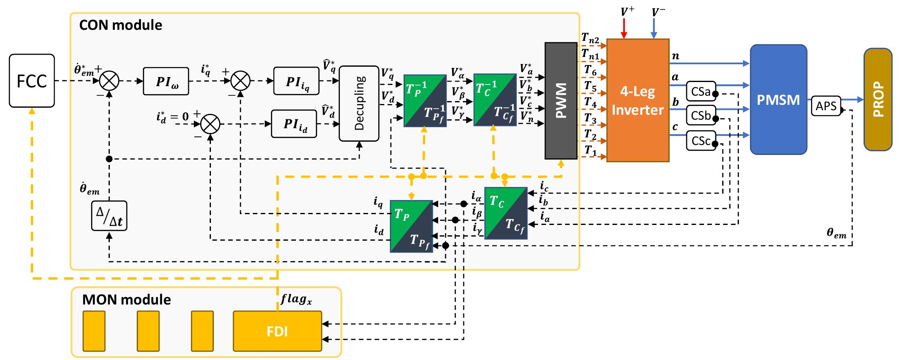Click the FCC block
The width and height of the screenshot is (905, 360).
click(x=32, y=81)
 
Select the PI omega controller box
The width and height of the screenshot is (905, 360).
click(x=166, y=81)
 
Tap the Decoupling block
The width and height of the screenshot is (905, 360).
click(x=359, y=103)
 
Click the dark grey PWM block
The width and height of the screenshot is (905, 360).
click(x=561, y=101)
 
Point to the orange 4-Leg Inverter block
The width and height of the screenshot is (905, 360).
click(x=638, y=100)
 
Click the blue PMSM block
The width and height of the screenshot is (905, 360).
click(x=778, y=100)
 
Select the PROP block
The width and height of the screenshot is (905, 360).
click(x=878, y=99)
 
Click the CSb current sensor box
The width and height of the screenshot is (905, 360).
click(x=701, y=116)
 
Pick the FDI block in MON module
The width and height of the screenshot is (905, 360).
click(x=277, y=331)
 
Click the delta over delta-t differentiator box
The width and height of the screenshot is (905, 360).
click(x=109, y=216)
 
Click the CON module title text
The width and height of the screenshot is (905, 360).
click(x=120, y=25)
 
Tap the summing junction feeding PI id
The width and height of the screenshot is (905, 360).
click(x=210, y=124)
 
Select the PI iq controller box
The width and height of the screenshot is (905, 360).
click(x=296, y=82)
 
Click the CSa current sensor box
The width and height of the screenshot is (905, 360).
click(x=701, y=91)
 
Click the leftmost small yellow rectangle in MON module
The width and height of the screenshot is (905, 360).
click(x=94, y=331)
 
